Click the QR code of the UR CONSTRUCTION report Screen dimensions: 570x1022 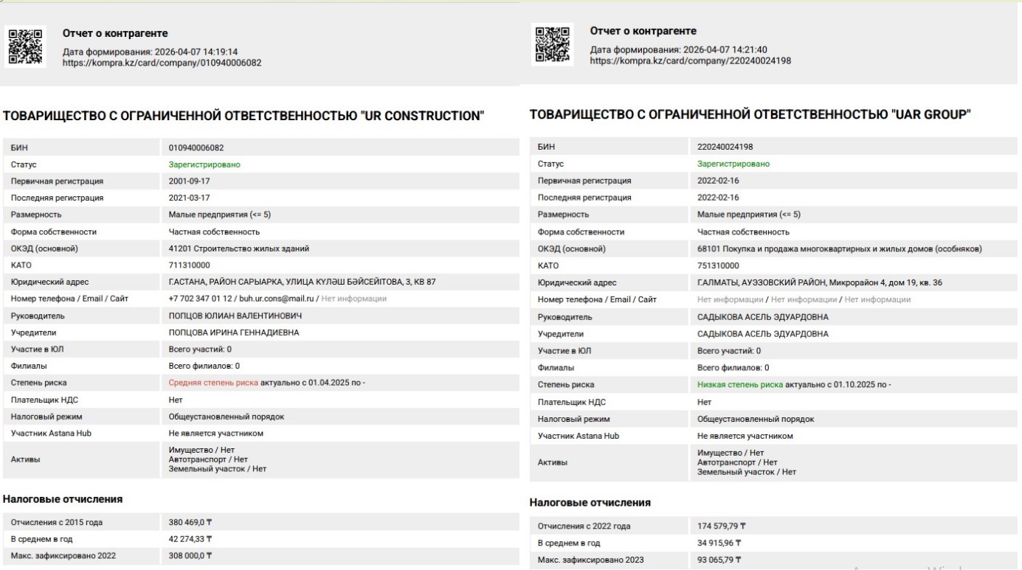[x=26, y=46]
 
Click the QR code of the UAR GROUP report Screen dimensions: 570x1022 [x=553, y=44]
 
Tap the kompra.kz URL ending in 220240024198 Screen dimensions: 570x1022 [x=690, y=60]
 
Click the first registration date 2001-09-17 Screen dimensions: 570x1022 [x=189, y=181]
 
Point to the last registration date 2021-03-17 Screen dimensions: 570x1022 [x=189, y=198]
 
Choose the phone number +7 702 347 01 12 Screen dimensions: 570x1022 [x=201, y=299]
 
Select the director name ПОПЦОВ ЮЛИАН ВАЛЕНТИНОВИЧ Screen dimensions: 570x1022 [x=235, y=316]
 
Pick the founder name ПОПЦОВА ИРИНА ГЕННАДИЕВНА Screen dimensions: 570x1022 [x=234, y=333]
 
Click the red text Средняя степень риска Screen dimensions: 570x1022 [x=213, y=383]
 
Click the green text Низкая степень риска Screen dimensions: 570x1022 [x=740, y=384]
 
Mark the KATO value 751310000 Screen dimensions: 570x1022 [x=719, y=265]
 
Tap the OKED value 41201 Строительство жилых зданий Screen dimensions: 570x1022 [x=238, y=248]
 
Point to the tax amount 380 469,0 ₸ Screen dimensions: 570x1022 [x=190, y=522]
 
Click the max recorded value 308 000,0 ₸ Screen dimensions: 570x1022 [x=190, y=555]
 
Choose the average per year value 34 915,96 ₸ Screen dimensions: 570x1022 [x=719, y=543]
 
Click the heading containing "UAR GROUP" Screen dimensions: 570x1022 [x=750, y=114]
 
